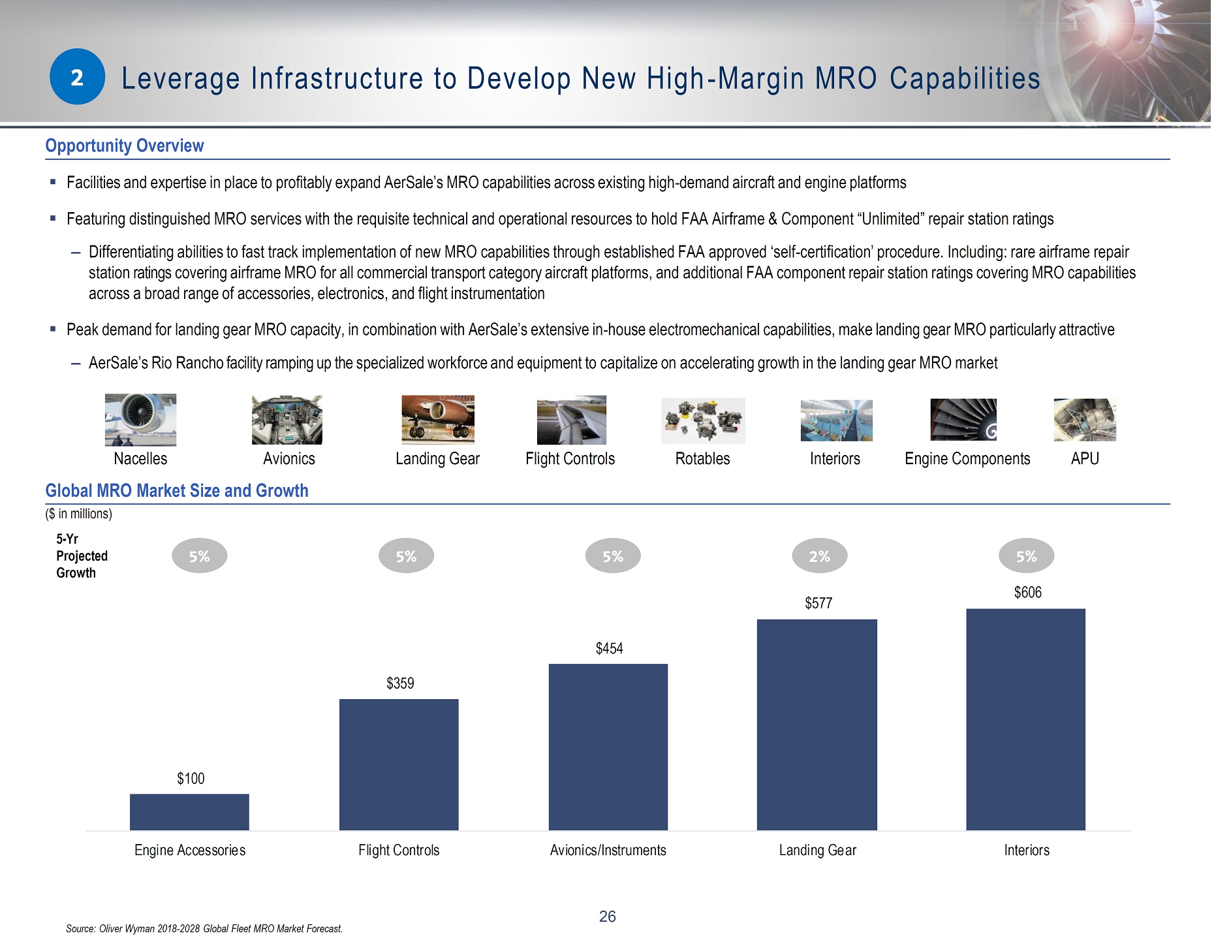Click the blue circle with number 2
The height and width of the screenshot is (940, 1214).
pos(77,77)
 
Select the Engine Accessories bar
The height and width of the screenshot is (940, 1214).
pos(189,812)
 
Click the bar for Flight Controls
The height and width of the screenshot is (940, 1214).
pos(399,765)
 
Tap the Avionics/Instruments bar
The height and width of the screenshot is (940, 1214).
pos(608,747)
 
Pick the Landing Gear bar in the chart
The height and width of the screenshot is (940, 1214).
pos(817,725)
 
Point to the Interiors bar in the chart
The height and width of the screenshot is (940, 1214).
pos(1026,720)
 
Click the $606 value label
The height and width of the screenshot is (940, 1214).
pos(1028,593)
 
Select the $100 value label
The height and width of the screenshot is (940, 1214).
pos(191,779)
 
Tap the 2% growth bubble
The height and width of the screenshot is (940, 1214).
pos(820,556)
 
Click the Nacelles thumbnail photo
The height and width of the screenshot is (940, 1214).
pos(140,420)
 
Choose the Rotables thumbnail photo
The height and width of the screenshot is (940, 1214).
pos(703,421)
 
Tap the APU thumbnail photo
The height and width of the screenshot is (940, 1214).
pos(1085,420)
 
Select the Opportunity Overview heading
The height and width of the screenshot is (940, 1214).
pos(125,146)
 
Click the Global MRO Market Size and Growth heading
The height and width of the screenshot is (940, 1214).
pos(177,491)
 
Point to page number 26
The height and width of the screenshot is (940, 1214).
pos(608,917)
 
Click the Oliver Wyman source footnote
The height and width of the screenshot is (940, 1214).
pos(204,929)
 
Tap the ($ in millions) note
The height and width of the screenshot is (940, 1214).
pos(79,514)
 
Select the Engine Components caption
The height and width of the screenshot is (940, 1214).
pos(967,459)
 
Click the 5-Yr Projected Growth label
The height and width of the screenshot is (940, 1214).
pos(82,556)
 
